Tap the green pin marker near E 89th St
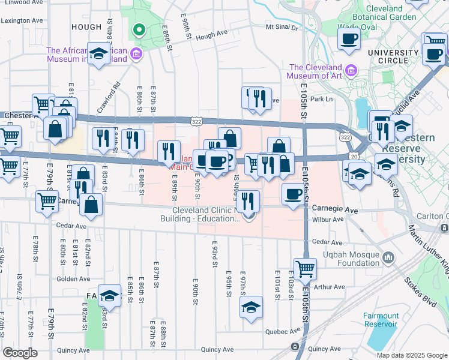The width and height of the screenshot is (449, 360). (138, 29)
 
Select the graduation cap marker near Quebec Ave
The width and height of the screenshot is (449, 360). (251, 307)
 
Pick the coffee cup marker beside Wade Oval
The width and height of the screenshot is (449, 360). (349, 39)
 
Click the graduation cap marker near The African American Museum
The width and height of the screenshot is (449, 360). (98, 54)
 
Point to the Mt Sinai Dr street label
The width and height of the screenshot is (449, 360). (282, 27)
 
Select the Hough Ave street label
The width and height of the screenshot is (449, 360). (212, 35)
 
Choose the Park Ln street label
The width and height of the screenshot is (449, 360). (321, 98)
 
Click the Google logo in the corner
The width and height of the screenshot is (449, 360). (20, 352)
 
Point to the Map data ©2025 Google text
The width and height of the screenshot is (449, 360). (411, 355)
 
